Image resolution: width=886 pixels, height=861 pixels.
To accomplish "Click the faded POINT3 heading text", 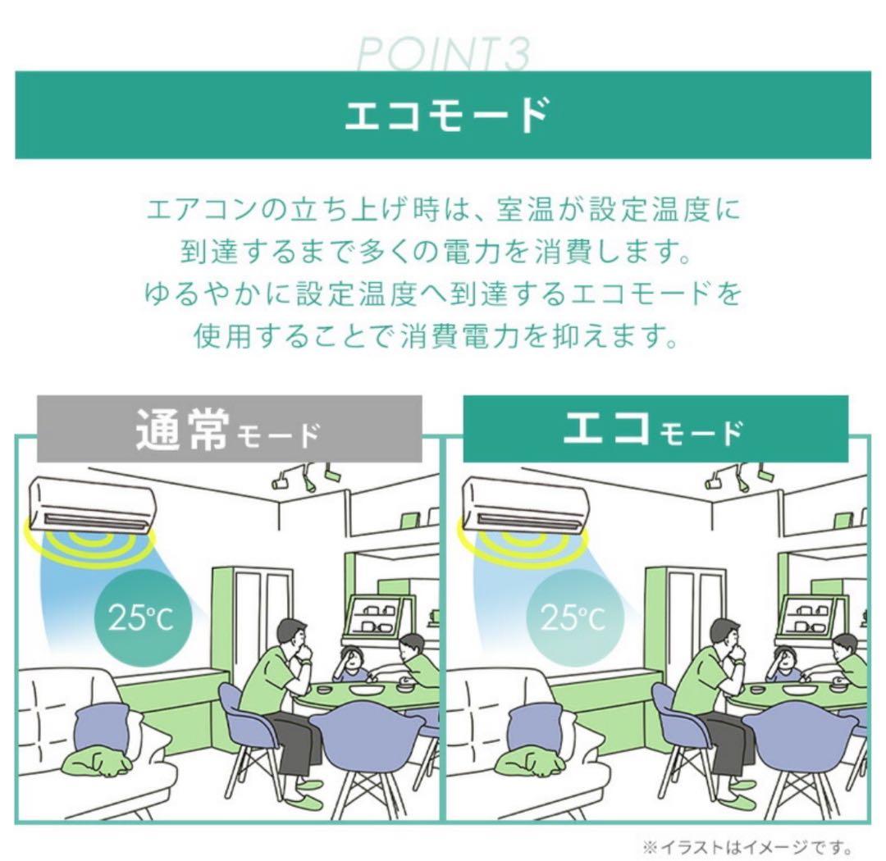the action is coord(444,54).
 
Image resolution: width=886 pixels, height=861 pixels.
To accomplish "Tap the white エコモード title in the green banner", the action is coord(446,115).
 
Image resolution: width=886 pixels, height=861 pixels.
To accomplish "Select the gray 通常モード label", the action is coord(229,430).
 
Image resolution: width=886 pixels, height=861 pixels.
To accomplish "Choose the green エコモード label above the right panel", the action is coord(655,430).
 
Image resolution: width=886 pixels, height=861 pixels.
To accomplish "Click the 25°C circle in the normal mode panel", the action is coord(143,617).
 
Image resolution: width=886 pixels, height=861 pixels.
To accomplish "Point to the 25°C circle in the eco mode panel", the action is coord(574,617).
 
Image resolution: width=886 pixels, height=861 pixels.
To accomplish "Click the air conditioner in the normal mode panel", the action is coord(92,504).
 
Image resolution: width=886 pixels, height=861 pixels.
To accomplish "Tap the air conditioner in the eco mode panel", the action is coord(524,504).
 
